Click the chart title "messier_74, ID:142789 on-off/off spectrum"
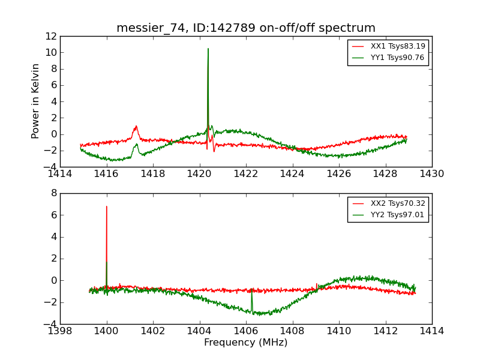coord(246,28)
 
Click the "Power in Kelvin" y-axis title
coord(36,101)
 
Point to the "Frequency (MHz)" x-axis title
coord(246,343)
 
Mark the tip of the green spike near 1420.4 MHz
coord(208,49)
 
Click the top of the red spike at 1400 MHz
coord(107,206)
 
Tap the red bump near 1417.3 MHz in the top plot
coord(136,126)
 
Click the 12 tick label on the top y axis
coord(50,36)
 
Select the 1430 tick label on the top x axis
coord(431,174)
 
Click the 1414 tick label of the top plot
coord(60,174)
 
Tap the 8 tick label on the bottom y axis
coord(53,193)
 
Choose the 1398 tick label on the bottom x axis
coord(60,331)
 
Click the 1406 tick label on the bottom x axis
coord(246,331)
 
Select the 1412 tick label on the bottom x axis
coord(385,331)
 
